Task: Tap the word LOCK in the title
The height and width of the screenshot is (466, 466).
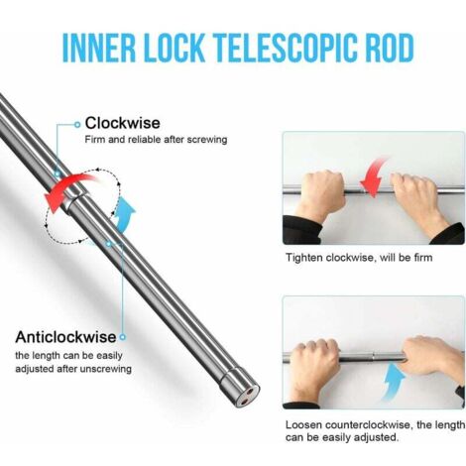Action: click(x=175, y=48)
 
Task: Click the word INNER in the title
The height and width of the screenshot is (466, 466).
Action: click(x=99, y=48)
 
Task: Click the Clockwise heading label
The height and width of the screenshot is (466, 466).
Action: click(x=123, y=123)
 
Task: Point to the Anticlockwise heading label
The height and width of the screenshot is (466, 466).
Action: click(x=65, y=337)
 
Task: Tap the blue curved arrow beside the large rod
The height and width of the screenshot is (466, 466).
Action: click(x=125, y=213)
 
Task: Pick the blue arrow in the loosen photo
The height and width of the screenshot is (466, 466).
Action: click(x=394, y=382)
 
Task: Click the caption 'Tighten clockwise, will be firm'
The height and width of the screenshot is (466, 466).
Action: click(x=359, y=258)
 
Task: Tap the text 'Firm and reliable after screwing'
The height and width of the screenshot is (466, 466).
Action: click(x=156, y=140)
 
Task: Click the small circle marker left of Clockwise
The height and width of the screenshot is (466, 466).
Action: click(x=77, y=125)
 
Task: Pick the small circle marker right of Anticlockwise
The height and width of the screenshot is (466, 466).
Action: click(x=123, y=337)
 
